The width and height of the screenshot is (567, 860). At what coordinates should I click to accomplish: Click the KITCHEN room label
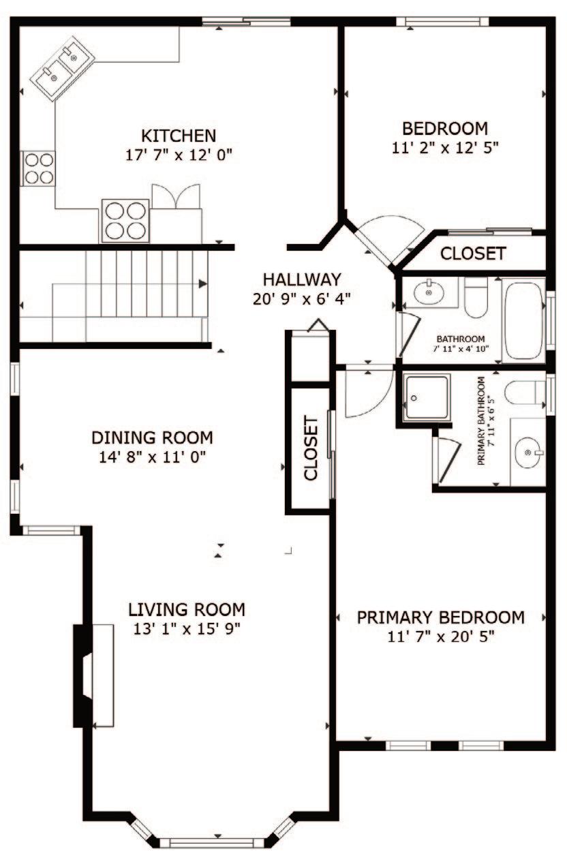tap(179, 136)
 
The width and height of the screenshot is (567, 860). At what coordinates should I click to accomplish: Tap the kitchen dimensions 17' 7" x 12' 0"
tap(179, 155)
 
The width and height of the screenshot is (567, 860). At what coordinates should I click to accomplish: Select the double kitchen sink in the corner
tap(62, 68)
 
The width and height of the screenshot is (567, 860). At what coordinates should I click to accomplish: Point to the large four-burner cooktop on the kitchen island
tap(125, 221)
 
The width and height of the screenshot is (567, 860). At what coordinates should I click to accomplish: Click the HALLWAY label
tap(302, 279)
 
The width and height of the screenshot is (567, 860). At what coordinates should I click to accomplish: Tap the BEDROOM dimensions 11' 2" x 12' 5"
tap(445, 147)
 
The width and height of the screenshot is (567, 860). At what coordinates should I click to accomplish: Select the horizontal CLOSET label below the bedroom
tap(473, 254)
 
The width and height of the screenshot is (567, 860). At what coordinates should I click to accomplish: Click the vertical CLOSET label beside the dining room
tap(311, 448)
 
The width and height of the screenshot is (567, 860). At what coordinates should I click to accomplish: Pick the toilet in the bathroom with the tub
tap(476, 298)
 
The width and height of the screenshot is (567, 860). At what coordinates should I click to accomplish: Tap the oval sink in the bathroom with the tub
tap(429, 292)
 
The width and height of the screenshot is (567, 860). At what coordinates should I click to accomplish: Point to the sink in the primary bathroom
tap(529, 453)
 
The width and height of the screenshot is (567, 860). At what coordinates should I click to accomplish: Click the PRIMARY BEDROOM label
tap(441, 617)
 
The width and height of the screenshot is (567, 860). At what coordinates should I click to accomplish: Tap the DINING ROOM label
tap(152, 437)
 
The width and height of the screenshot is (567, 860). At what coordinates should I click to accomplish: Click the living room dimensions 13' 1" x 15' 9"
tap(187, 629)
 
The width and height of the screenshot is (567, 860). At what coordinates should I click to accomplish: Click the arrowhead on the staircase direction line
tap(202, 283)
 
